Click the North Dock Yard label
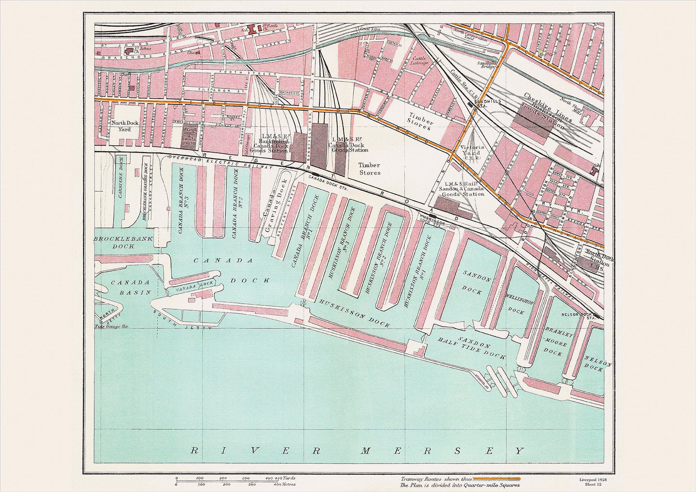coord(125,126)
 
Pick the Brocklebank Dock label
coord(114,242)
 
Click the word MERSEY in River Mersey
coord(443,451)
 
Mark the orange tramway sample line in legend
coord(496,479)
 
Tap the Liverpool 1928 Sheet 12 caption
coord(590,481)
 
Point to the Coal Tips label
coord(370,29)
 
